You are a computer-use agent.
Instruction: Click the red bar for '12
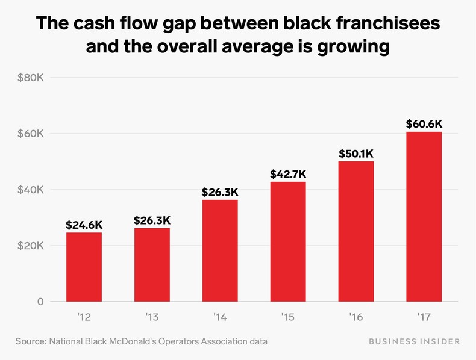[84, 267]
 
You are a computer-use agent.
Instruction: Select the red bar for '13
[152, 264]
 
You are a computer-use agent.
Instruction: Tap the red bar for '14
[220, 250]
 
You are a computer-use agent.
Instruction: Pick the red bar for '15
[288, 241]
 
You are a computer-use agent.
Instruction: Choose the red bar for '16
[356, 231]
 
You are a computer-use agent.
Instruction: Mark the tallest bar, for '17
[424, 217]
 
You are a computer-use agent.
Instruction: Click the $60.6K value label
[424, 124]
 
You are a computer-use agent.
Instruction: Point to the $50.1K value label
[356, 154]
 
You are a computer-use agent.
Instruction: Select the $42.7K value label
[288, 174]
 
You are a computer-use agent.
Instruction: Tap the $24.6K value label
[84, 225]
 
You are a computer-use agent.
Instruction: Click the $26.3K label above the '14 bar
[220, 193]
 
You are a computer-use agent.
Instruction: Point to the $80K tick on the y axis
[32, 78]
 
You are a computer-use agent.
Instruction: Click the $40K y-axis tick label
[32, 190]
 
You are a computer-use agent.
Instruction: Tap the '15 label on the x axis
[288, 317]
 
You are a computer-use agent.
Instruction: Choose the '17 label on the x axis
[424, 317]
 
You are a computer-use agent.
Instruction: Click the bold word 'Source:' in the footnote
[30, 341]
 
